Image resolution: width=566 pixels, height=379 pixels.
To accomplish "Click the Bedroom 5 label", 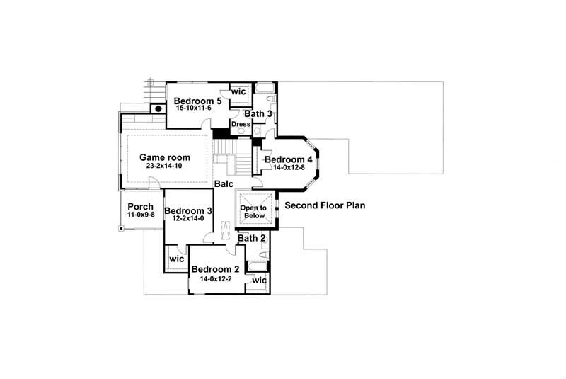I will [198, 101].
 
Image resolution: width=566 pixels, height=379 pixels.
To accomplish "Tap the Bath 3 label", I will [258, 113].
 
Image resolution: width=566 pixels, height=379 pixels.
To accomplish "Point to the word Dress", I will [241, 124].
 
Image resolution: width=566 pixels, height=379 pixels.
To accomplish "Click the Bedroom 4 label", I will [289, 159].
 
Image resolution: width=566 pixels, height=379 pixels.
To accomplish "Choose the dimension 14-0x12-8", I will [285, 168].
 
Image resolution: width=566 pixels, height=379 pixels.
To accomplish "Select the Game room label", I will [163, 157].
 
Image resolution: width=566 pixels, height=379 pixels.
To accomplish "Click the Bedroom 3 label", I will [188, 210].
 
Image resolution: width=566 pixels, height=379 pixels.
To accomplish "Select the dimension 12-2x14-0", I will [188, 219].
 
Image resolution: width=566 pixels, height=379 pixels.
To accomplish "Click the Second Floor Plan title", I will [325, 206].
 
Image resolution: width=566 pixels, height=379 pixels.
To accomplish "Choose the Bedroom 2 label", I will [216, 269].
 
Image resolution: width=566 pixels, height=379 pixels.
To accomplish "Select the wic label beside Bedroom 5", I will [238, 91].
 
